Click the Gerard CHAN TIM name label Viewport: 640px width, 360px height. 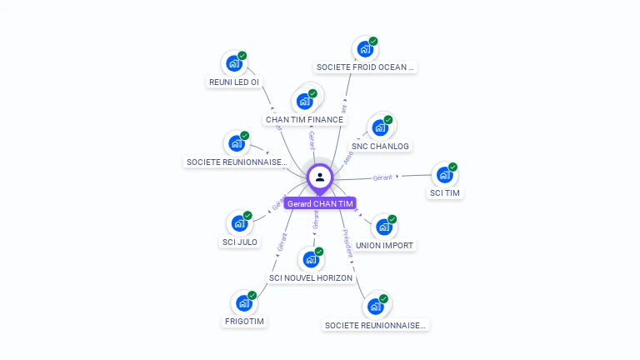pos(320,203)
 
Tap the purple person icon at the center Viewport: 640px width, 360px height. pos(320,177)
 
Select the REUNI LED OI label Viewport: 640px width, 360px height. pos(233,82)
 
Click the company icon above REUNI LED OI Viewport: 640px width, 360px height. pos(234,62)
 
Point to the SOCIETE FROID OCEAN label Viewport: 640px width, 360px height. pos(365,67)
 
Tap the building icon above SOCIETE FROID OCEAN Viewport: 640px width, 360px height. pos(364,48)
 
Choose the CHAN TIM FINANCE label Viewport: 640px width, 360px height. pos(304,119)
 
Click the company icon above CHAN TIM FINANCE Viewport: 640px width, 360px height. pos(304,101)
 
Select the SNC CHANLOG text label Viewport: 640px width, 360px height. pos(380,146)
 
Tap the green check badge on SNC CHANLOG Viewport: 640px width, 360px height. pos(388,120)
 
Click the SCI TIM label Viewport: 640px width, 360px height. pos(445,193)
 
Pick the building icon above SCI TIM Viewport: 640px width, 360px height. pos(445,175)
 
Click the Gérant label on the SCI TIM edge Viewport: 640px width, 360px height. pos(382,177)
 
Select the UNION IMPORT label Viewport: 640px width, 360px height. pos(384,245)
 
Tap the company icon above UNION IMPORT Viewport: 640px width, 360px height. pos(383,227)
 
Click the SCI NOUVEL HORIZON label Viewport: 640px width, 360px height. pos(311,277)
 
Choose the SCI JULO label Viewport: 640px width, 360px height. pos(240,242)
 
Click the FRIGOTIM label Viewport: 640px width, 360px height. pos(244,321)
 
